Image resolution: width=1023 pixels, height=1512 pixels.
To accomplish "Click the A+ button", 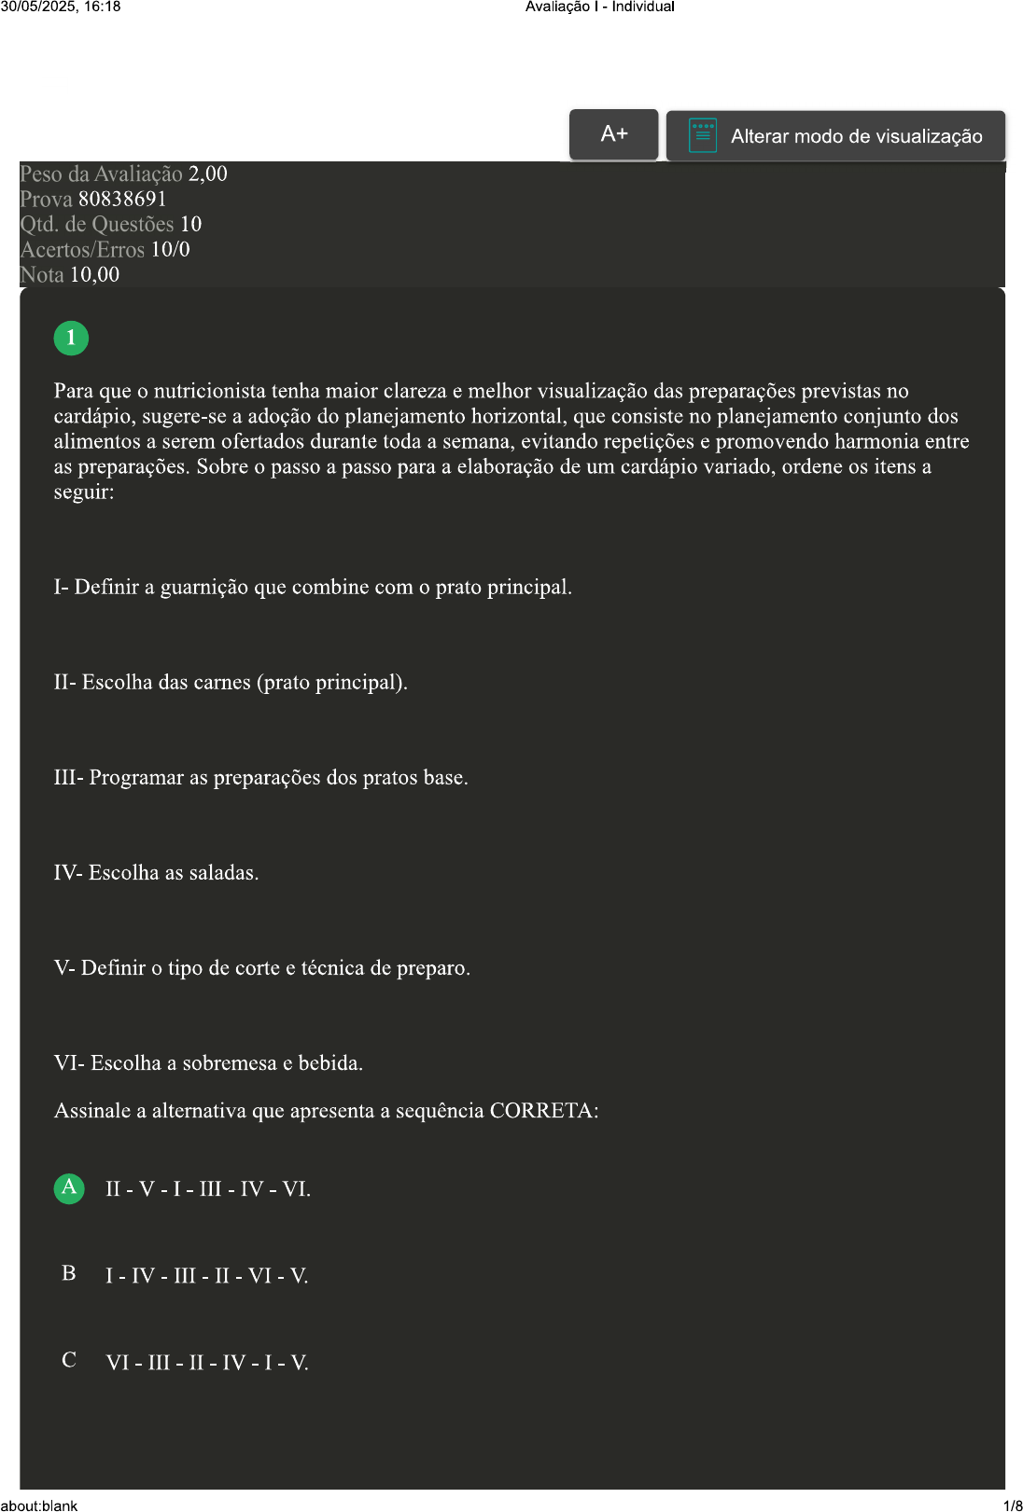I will tap(613, 134).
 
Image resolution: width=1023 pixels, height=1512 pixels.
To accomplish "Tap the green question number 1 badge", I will tap(71, 338).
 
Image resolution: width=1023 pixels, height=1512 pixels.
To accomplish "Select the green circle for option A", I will tap(69, 1187).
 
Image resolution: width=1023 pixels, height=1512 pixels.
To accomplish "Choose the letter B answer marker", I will tap(69, 1273).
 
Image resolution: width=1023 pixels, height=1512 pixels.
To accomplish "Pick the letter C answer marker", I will tap(69, 1360).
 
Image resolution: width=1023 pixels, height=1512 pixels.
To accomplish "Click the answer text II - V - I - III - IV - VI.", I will tap(208, 1189).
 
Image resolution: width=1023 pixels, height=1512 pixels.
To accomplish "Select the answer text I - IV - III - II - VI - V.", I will tap(206, 1276).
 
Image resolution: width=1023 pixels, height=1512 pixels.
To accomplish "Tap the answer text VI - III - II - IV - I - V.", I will tap(206, 1363).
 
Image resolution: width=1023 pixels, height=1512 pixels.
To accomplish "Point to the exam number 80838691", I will tap(122, 200).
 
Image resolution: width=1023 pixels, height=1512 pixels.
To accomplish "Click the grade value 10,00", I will tap(94, 275).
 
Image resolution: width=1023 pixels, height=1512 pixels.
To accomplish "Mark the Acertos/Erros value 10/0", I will tap(170, 250).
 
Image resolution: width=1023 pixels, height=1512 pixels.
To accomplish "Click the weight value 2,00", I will tap(207, 174).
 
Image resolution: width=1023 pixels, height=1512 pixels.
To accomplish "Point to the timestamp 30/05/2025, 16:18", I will tap(61, 7).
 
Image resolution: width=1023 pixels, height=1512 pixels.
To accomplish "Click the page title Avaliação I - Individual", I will tap(599, 7).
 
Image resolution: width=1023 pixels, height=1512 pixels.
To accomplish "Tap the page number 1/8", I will tap(1013, 1505).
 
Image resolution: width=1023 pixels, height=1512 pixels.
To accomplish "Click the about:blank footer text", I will tap(39, 1505).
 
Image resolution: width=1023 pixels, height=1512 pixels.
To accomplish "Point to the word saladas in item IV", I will tap(223, 873).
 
